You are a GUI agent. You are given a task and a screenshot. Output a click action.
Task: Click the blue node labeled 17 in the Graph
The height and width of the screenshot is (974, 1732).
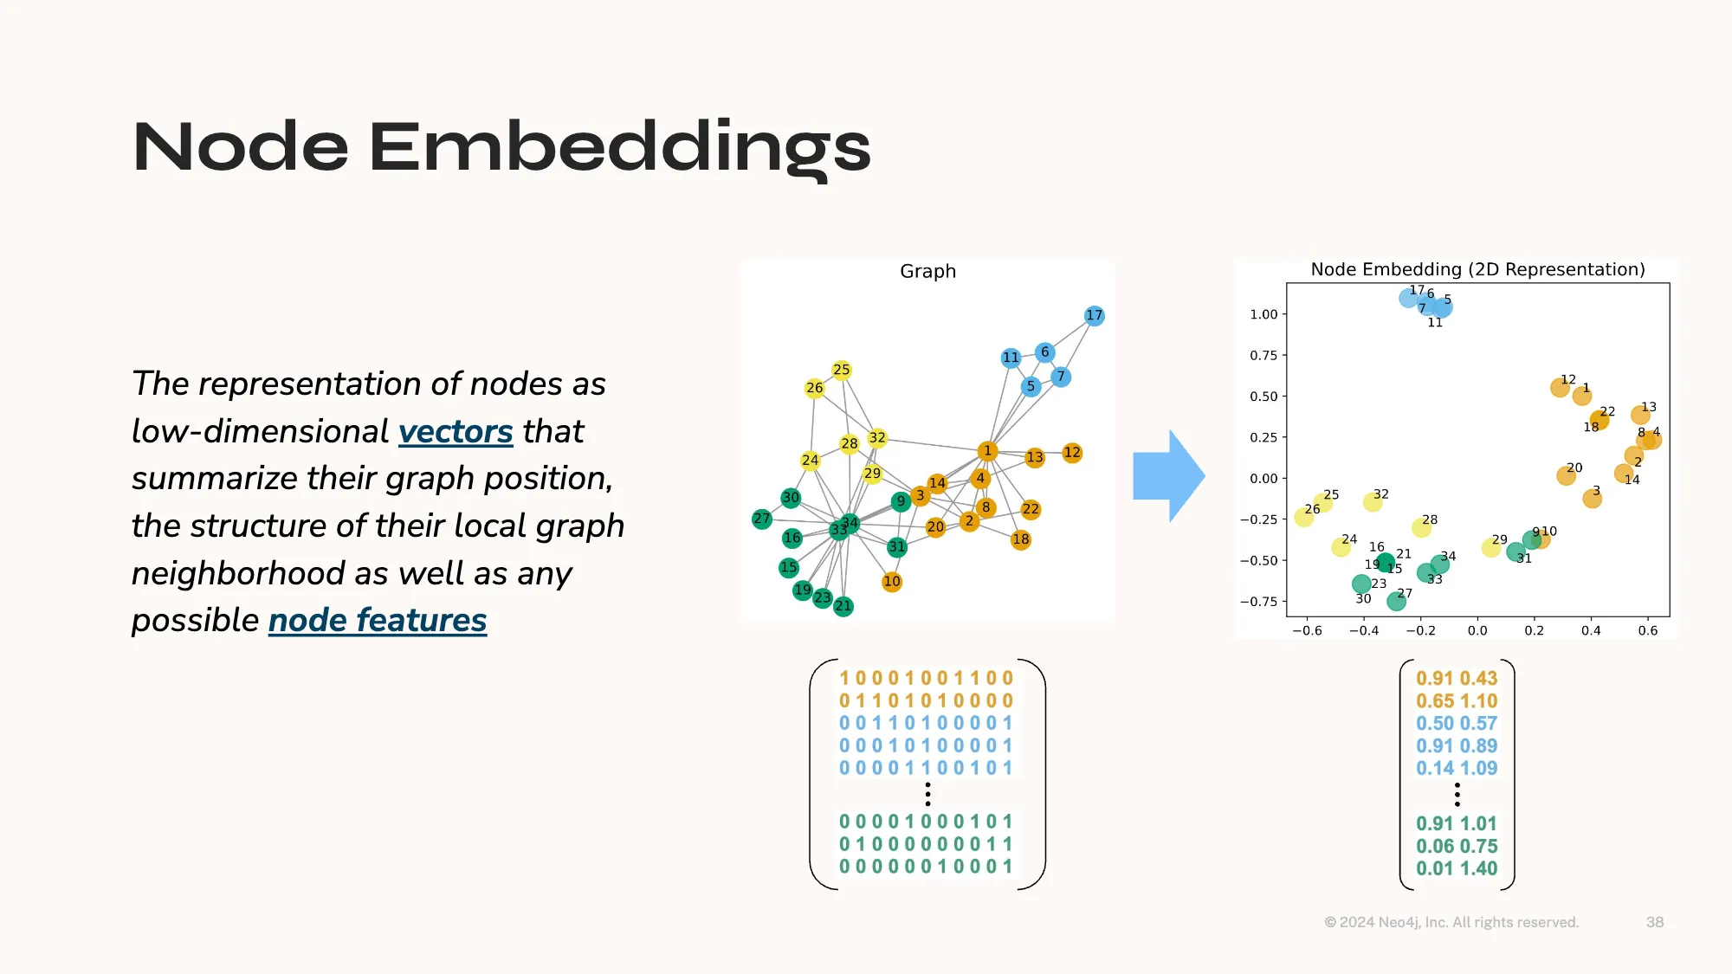(x=1095, y=315)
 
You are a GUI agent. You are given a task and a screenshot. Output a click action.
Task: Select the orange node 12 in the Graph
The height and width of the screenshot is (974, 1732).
(x=1072, y=452)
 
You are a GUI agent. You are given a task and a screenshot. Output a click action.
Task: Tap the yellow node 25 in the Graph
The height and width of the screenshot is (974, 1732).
(x=842, y=370)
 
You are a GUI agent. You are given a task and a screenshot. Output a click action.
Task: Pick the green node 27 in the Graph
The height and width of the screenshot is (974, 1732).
(x=762, y=519)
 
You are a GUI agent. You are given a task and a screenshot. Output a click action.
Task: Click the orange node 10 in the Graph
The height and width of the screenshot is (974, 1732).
(x=892, y=581)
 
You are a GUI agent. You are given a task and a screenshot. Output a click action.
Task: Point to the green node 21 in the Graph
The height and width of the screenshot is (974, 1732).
(x=843, y=606)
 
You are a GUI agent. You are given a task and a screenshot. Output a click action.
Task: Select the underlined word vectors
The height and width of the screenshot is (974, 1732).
(x=456, y=431)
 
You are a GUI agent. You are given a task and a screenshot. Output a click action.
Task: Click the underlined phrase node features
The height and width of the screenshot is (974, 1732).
(x=378, y=620)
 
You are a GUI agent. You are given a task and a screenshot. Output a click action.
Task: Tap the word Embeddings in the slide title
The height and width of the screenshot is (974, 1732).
(x=620, y=147)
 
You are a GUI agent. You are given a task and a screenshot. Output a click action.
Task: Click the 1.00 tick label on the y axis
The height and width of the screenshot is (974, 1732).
(x=1263, y=314)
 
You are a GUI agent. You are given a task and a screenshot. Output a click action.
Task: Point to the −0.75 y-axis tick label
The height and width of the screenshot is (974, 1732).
(x=1258, y=602)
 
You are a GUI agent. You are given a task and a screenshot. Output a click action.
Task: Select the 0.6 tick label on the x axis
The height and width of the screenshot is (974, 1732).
(x=1648, y=630)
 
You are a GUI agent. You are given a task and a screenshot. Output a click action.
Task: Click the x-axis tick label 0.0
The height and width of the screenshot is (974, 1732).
(x=1477, y=630)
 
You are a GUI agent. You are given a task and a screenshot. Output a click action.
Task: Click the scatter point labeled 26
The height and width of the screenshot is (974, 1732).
(x=1304, y=517)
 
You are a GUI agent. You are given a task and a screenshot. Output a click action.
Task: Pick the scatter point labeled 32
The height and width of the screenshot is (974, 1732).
(x=1373, y=501)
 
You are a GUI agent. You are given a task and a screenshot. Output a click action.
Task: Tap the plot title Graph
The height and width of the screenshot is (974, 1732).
(x=928, y=271)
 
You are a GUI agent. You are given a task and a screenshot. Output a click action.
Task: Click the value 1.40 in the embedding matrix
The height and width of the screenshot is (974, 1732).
(x=1479, y=868)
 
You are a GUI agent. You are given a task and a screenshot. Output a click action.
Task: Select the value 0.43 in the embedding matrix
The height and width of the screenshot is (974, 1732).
(x=1479, y=678)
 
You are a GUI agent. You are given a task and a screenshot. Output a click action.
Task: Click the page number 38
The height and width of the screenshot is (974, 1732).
(x=1655, y=922)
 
